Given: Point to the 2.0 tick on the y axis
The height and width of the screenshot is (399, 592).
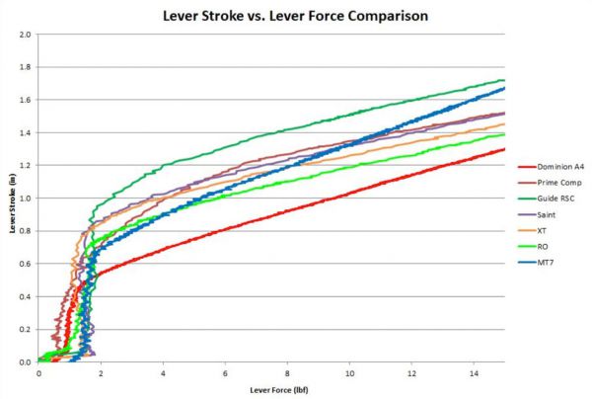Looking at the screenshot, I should (26, 35).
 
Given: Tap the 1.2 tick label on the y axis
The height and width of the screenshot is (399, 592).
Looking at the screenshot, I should (26, 166).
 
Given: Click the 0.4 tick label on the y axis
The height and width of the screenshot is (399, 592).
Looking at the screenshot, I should (26, 296).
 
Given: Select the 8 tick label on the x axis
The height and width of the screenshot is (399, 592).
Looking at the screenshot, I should (287, 372).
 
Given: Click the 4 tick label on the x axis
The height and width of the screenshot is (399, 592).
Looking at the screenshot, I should (163, 372).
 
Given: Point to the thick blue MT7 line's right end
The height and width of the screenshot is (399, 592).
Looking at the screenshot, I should (504, 89).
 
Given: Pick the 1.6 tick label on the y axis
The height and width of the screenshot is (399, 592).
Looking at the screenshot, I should (26, 100).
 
